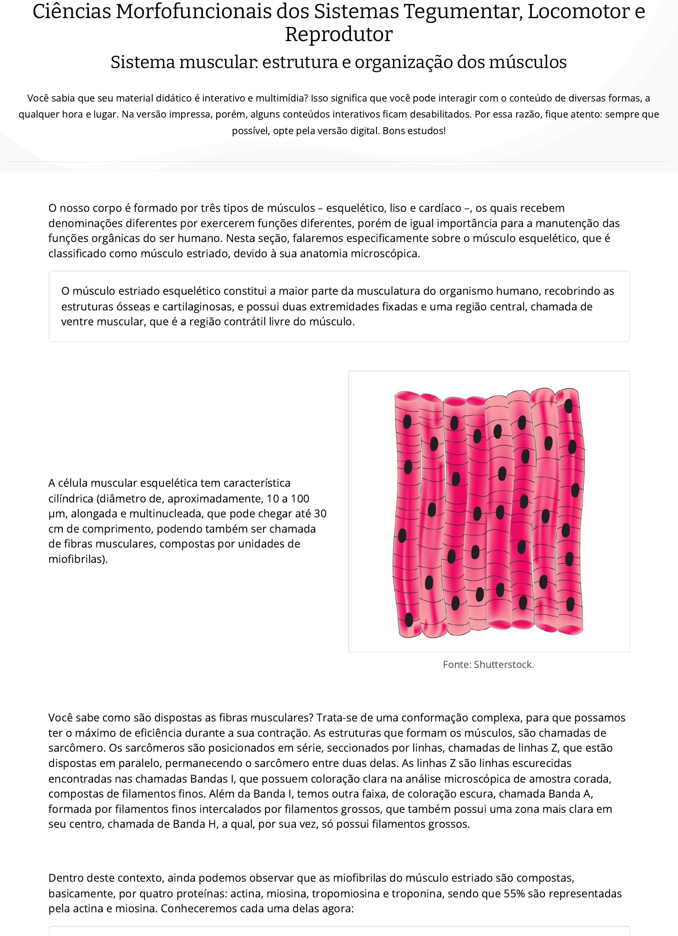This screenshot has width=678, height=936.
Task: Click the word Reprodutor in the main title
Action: tap(338, 34)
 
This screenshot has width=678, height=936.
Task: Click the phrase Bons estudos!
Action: tap(414, 131)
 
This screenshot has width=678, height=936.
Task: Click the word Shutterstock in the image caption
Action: tap(503, 664)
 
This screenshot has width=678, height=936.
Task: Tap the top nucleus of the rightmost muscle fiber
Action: tap(568, 406)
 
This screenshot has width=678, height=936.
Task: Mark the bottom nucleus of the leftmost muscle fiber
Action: tap(409, 620)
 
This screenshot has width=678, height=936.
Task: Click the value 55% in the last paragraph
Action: tap(514, 893)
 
